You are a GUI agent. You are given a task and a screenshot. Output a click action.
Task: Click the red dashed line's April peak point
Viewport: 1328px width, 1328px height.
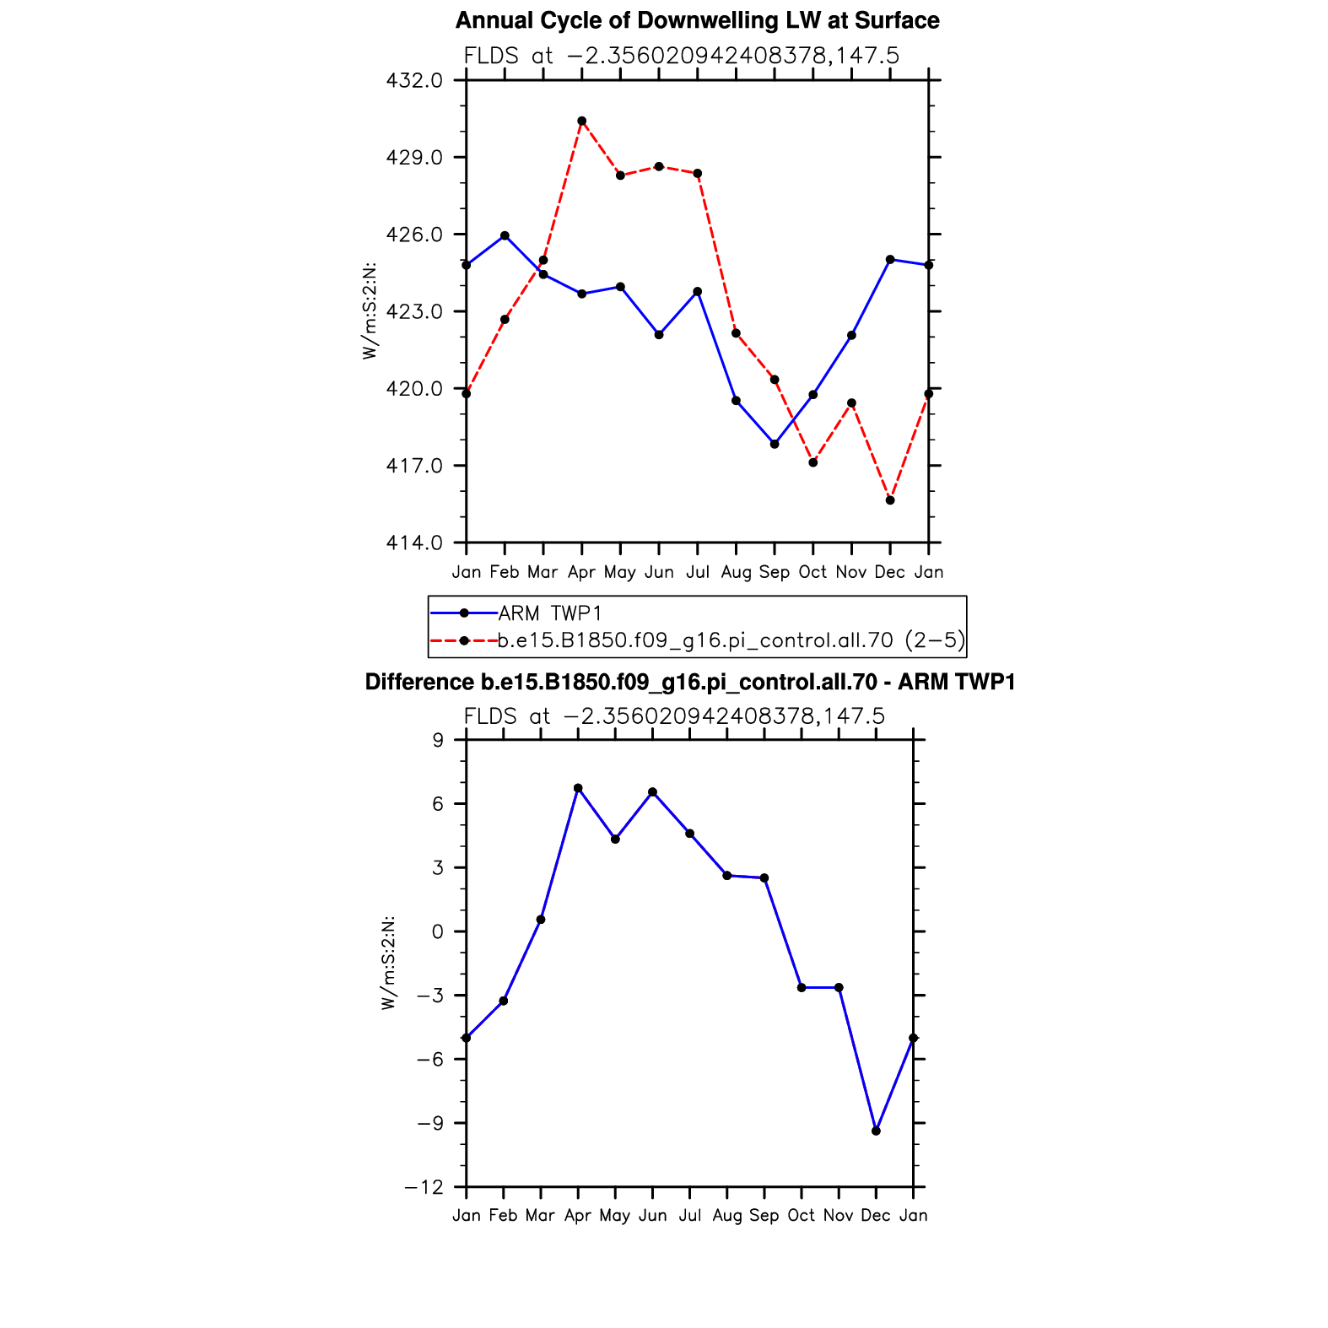coord(582,121)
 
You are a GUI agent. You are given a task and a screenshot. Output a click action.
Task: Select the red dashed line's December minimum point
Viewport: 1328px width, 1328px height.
coord(890,500)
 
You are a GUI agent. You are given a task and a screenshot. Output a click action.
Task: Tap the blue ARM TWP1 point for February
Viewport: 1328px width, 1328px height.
coord(505,235)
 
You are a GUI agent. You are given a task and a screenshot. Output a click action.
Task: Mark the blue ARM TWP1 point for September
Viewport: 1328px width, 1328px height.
coord(775,444)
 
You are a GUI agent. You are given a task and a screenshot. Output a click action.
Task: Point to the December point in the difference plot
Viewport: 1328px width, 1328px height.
coord(876,1131)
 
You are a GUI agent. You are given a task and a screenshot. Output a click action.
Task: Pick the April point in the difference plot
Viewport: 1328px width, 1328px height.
coord(578,788)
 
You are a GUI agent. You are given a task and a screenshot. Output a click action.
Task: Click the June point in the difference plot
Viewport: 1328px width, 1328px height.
coord(652,792)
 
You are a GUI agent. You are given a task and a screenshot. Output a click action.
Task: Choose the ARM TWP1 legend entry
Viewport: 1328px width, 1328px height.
coord(516,613)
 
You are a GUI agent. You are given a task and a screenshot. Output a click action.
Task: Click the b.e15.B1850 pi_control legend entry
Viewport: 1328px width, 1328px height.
coord(697,640)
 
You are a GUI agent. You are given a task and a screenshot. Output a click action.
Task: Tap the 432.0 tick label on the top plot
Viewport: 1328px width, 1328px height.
coord(414,81)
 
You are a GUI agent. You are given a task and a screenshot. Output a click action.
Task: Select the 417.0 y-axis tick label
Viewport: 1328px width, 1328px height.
coord(414,466)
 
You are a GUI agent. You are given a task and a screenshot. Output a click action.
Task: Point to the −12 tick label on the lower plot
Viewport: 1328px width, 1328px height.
coord(424,1187)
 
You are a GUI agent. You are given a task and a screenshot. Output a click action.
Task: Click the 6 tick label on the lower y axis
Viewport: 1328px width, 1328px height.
coord(438,804)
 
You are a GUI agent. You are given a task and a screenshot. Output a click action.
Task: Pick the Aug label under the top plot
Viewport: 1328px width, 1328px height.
coord(736,573)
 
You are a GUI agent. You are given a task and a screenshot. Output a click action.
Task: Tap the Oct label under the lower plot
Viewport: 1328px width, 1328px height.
coord(802,1216)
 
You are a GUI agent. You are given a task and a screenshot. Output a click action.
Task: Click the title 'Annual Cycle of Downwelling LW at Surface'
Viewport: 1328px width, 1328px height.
coord(697,20)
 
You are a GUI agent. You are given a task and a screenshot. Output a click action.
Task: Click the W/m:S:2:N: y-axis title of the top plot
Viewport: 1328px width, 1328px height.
coord(370,311)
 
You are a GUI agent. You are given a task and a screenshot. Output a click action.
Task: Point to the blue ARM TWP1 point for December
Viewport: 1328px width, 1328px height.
coord(890,259)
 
